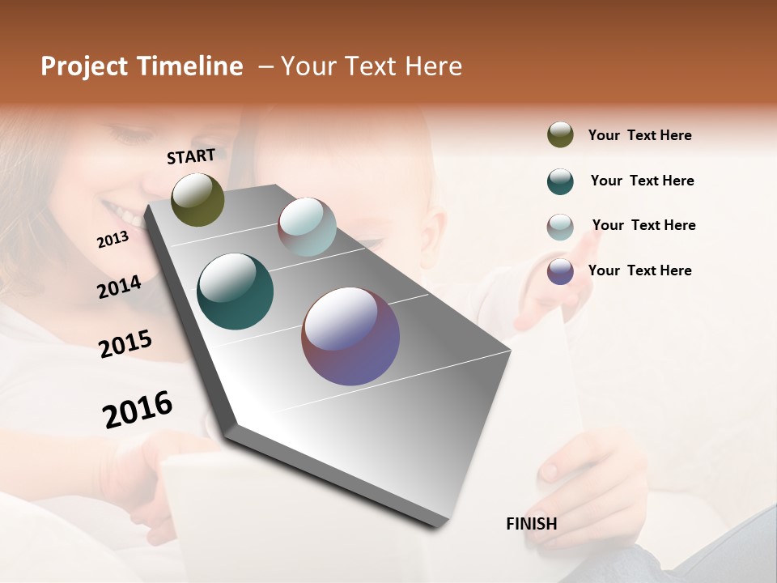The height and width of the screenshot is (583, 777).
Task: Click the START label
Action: [x=191, y=156]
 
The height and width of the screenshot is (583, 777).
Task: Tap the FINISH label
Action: [x=532, y=524]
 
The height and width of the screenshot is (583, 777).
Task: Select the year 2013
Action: [x=113, y=240]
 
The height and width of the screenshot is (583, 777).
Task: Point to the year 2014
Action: [x=119, y=287]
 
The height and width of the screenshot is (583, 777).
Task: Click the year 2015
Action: [x=125, y=344]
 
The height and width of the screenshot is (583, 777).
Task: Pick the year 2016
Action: [x=138, y=409]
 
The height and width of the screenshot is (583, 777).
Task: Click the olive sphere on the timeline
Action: [x=197, y=199]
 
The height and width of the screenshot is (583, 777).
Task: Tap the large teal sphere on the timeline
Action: [x=235, y=291]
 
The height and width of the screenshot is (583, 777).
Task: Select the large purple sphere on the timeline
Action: [x=350, y=336]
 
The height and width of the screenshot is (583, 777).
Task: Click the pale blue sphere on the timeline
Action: [x=307, y=226]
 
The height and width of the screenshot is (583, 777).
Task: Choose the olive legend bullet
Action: [x=560, y=135]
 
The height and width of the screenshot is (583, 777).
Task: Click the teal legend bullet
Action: [x=560, y=181]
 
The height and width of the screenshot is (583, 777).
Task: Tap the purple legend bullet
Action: [x=560, y=271]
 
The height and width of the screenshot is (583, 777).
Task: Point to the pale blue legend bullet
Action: [x=560, y=227]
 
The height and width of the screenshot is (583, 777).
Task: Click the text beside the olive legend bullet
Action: [x=639, y=135]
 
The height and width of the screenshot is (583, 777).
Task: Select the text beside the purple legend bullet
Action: [x=639, y=270]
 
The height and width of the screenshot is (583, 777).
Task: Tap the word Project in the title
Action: [x=85, y=66]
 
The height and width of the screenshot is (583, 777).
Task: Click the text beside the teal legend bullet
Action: [x=642, y=181]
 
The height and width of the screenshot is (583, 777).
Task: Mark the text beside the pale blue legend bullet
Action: [x=643, y=225]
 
